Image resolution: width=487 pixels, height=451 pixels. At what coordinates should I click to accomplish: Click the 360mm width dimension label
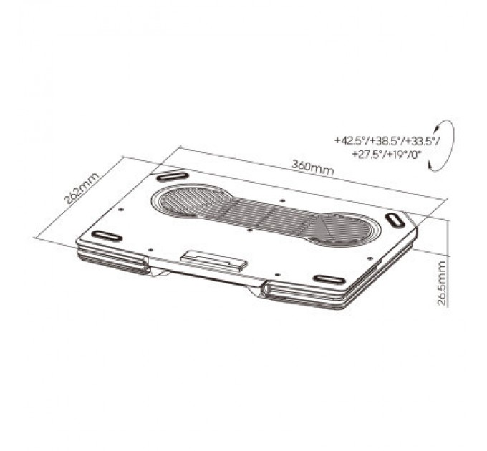(313, 168)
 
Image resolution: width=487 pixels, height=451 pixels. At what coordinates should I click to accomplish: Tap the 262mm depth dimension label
(82, 188)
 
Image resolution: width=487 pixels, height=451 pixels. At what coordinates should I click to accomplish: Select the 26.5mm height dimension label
(442, 283)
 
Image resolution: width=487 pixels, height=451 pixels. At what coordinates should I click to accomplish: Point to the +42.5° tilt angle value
(349, 140)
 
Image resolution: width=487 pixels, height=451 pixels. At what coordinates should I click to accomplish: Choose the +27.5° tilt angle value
(367, 154)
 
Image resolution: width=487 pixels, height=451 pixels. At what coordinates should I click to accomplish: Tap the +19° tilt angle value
(396, 154)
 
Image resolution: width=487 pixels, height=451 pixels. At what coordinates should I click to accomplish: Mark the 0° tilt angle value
(416, 154)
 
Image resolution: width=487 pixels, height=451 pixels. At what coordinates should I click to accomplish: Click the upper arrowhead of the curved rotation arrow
(437, 127)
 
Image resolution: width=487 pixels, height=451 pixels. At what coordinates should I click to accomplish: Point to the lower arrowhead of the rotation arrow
(431, 165)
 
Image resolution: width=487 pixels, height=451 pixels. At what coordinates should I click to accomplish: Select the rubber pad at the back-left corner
(173, 176)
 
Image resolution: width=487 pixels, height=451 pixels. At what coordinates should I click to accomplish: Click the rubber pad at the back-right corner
(394, 220)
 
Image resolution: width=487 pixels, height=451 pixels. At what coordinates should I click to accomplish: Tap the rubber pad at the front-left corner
(107, 236)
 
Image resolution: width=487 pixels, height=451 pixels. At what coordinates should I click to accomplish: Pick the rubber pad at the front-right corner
(329, 279)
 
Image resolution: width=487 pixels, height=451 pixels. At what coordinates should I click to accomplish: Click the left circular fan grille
(192, 201)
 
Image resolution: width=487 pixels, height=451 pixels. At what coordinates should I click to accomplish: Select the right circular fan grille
(342, 229)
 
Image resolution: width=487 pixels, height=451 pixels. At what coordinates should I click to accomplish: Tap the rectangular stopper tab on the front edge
(214, 261)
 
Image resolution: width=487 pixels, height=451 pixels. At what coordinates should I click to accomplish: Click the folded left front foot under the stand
(112, 260)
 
